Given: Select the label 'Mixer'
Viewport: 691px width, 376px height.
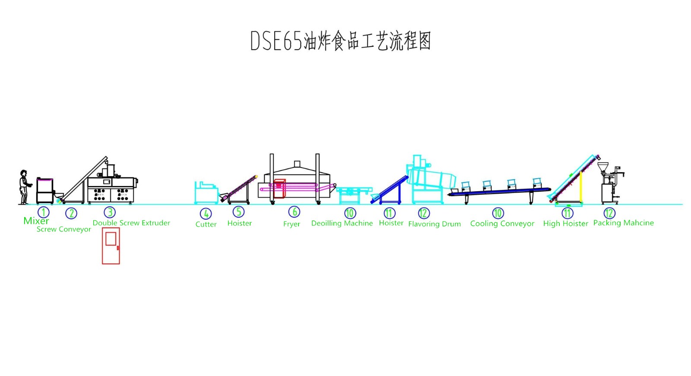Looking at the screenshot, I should [x=36, y=221].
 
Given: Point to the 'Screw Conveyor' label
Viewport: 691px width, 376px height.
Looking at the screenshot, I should [x=63, y=229].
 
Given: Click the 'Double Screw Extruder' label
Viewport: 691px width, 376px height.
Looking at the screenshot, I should [x=131, y=223].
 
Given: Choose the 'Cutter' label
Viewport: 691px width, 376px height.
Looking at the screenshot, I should [x=206, y=224].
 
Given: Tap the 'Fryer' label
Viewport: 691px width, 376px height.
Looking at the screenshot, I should [x=292, y=224].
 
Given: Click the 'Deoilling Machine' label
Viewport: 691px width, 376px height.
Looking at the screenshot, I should [x=342, y=223].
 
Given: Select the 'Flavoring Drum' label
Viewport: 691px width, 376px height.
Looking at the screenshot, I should [x=434, y=224].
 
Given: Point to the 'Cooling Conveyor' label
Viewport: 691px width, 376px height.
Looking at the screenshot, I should [x=502, y=224].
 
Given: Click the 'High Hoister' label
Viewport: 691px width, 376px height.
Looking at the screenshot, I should [x=565, y=224].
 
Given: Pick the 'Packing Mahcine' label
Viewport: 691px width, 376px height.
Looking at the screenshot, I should [x=623, y=223].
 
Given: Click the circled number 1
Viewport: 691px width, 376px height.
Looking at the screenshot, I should [x=43, y=212].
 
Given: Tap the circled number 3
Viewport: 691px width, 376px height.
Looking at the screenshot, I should [x=110, y=212].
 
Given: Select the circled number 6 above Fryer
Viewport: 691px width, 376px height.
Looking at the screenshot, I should [x=294, y=212].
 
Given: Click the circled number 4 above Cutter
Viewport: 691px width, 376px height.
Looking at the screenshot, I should [x=206, y=213].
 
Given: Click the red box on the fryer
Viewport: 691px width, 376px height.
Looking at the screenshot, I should [x=279, y=189].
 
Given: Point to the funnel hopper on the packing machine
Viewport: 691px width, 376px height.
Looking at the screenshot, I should [x=603, y=166].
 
